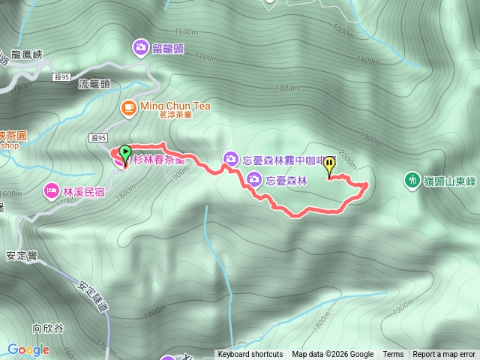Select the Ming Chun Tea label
pos(175,106)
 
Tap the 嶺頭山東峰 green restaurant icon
pos(412,179)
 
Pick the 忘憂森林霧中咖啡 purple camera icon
pos(230,158)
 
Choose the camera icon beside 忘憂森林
pos(253,179)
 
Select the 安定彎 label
pos(22,254)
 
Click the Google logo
pos(28,349)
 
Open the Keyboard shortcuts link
pos(250,355)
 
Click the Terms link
pos(393,355)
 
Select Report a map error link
pos(444,355)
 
